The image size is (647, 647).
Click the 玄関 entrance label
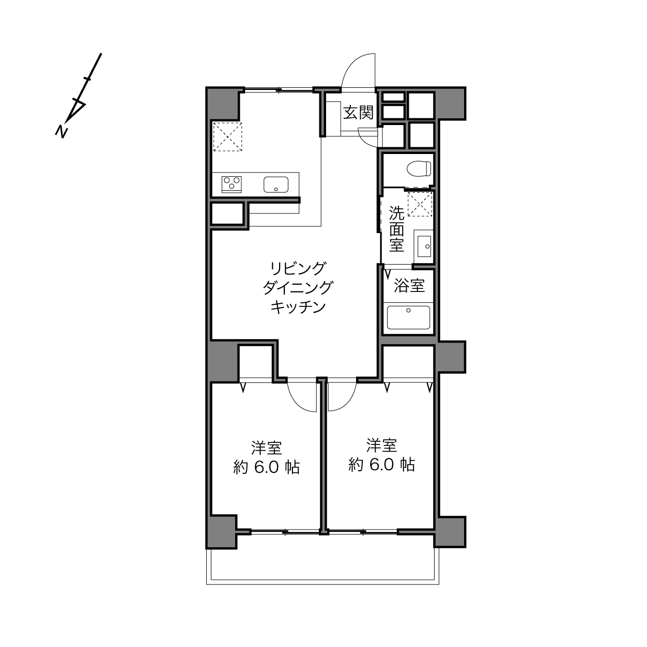point(358,113)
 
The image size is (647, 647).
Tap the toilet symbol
point(419,168)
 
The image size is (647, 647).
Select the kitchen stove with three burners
point(232,184)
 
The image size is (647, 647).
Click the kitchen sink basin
point(276,184)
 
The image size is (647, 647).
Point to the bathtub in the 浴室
point(409,317)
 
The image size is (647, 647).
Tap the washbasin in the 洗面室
point(424,247)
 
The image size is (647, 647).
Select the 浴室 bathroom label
point(409,286)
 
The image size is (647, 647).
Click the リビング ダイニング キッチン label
point(298,288)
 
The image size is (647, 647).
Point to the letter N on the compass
point(61,132)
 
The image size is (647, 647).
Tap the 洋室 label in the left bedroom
point(266,448)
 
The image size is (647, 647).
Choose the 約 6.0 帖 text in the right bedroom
point(382,465)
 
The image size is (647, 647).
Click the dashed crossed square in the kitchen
point(228,136)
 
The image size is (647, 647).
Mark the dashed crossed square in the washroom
point(420,204)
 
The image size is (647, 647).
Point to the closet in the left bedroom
point(255,363)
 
